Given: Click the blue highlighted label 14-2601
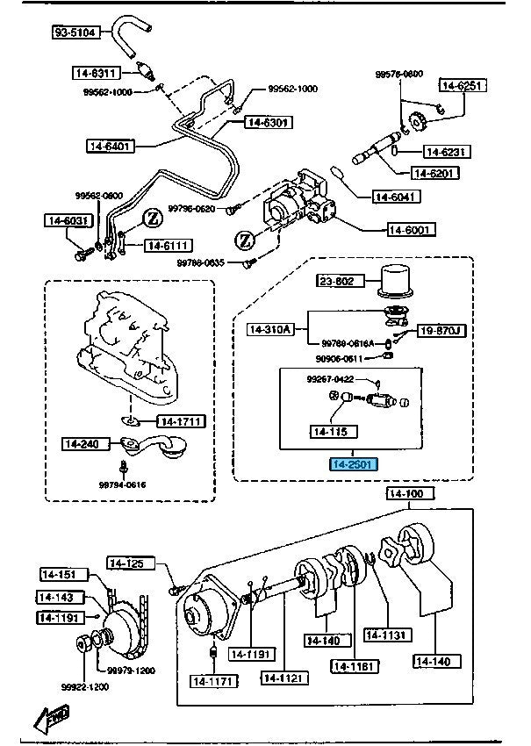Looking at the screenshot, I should [x=353, y=463].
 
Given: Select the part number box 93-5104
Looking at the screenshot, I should [x=73, y=33].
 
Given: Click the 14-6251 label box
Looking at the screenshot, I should [x=463, y=85].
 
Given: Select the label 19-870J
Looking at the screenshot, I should [x=439, y=331].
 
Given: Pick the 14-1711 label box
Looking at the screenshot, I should [x=181, y=421].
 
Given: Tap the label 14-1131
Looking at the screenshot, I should [x=385, y=635].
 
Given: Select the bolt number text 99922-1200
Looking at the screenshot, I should [x=86, y=686].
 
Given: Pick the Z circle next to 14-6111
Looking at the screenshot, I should [x=151, y=217].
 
